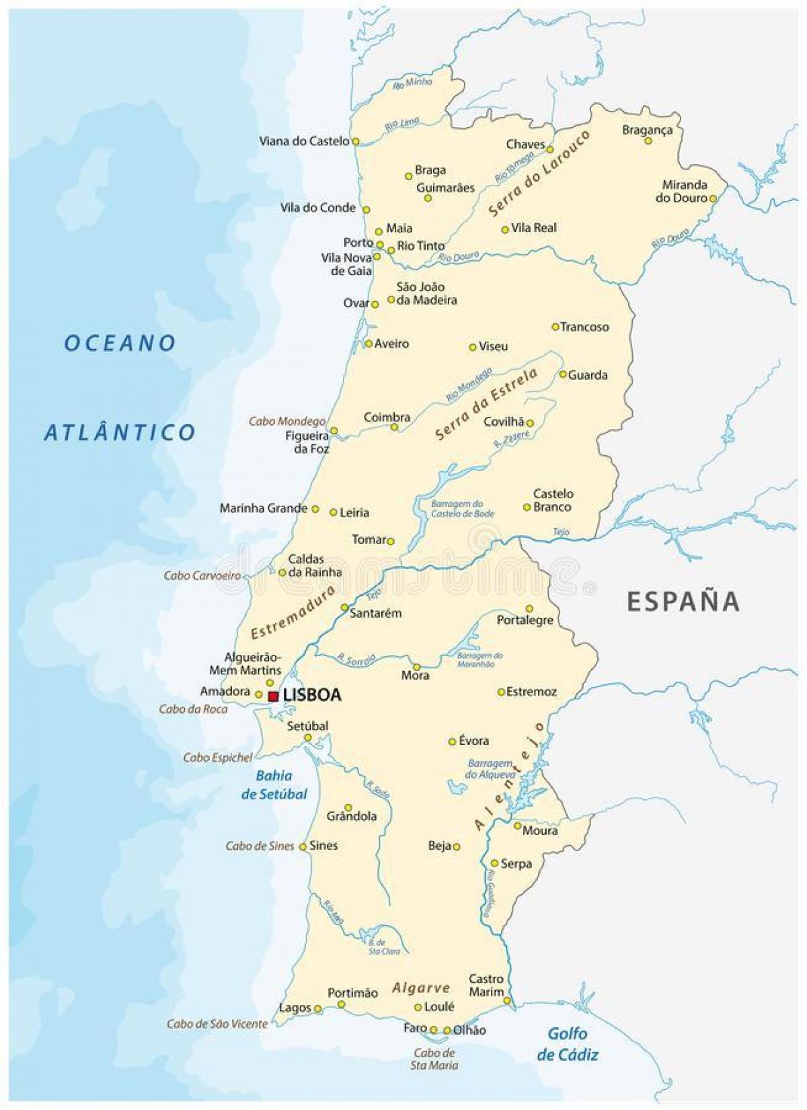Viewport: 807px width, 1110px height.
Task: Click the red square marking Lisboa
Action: pyautogui.click(x=273, y=697)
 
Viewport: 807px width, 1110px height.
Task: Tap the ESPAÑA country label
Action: pyautogui.click(x=683, y=600)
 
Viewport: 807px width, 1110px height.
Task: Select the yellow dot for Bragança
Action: pyautogui.click(x=649, y=141)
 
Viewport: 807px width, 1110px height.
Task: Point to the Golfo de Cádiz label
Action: pyautogui.click(x=567, y=1043)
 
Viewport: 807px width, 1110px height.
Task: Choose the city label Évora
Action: pyautogui.click(x=473, y=740)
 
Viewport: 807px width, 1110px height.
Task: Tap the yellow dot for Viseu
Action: pyautogui.click(x=473, y=347)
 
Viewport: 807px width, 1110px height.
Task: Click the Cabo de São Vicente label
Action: pyautogui.click(x=217, y=1024)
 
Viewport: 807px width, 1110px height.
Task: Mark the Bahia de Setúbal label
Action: pyautogui.click(x=274, y=785)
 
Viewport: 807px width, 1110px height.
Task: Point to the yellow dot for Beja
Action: pyautogui.click(x=457, y=847)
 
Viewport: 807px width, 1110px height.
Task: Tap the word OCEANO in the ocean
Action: pyautogui.click(x=120, y=343)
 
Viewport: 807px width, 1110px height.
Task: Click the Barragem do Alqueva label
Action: pyautogui.click(x=489, y=768)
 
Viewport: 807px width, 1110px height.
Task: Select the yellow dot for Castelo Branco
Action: pyautogui.click(x=527, y=508)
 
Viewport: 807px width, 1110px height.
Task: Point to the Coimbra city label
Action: pyautogui.click(x=387, y=417)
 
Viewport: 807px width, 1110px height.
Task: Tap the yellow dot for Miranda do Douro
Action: pyautogui.click(x=713, y=198)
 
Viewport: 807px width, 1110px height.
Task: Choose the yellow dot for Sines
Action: pyautogui.click(x=303, y=846)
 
